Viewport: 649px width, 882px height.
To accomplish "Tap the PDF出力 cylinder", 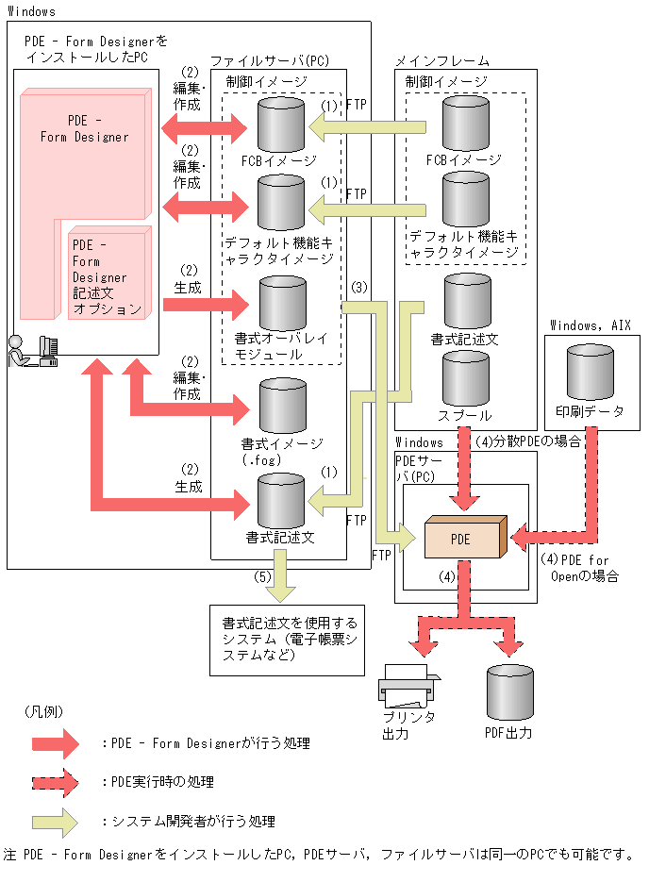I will (x=509, y=693).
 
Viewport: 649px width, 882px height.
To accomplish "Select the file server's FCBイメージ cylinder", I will (x=281, y=124).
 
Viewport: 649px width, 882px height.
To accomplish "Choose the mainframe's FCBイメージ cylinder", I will (x=464, y=124).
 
